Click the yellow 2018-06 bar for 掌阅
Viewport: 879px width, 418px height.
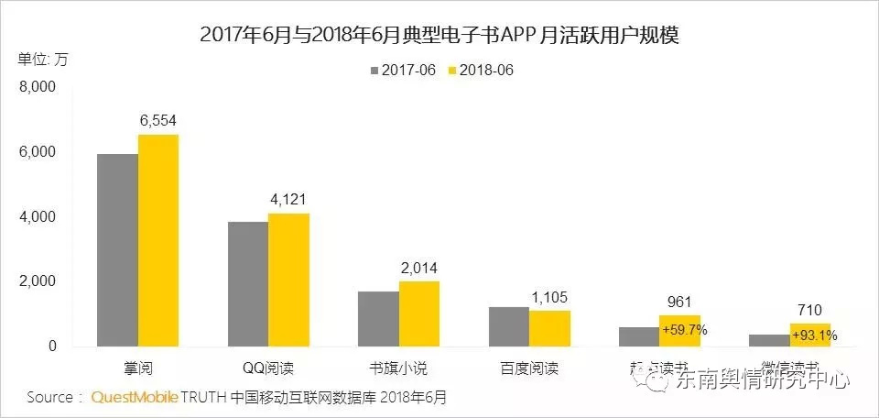point(158,241)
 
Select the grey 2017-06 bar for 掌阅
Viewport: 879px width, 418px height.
point(117,250)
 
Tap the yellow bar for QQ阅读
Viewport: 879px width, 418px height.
point(288,280)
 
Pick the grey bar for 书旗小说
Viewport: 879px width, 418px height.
point(378,319)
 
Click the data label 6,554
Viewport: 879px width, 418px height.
point(157,121)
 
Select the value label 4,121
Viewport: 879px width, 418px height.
point(288,199)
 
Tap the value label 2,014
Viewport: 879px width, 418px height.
point(418,267)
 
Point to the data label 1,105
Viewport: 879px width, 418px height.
point(549,296)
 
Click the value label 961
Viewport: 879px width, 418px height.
point(679,301)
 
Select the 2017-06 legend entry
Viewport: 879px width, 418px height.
point(402,71)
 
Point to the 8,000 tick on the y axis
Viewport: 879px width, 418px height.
point(38,88)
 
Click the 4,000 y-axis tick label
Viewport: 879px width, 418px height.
point(38,217)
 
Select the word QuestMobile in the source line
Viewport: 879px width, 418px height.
point(134,398)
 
